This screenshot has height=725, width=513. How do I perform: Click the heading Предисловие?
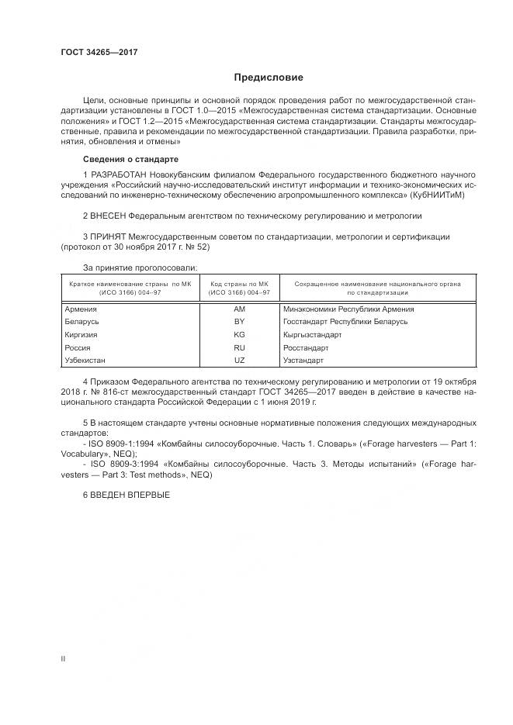click(x=269, y=78)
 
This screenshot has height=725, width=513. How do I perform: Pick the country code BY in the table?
click(x=239, y=322)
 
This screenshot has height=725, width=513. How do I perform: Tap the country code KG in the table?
click(x=239, y=335)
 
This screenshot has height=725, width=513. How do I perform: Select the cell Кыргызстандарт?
click(x=314, y=335)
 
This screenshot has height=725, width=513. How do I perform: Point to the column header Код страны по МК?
click(x=239, y=285)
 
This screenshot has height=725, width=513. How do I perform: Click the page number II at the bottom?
click(x=63, y=659)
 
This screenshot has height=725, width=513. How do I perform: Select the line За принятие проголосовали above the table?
click(x=129, y=267)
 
